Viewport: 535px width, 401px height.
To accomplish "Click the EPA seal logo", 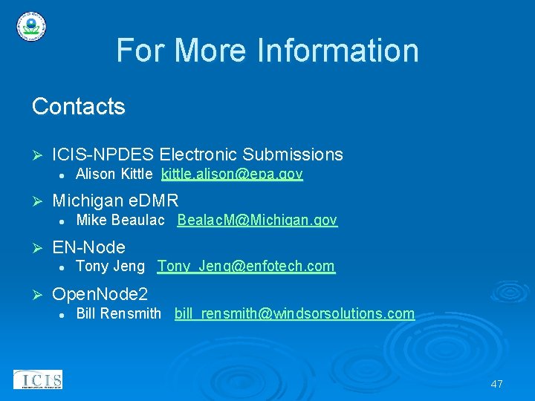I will point(30,27).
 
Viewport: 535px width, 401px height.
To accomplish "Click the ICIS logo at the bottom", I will point(38,379).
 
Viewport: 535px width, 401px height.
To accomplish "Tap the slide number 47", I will point(496,384).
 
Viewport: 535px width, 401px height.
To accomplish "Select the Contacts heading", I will point(78,107).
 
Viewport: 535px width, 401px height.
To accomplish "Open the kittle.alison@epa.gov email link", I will point(232,175).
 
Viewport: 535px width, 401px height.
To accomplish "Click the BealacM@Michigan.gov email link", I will point(257,221).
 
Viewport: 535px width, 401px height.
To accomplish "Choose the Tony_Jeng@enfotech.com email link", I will point(246,267).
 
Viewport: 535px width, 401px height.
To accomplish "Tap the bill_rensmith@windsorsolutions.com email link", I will point(294,313).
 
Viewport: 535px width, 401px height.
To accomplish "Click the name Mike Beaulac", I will point(120,221).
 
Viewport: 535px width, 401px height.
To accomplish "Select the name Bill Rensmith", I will point(118,313).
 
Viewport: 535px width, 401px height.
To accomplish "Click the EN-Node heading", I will point(88,247).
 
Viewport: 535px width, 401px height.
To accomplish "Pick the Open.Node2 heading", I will point(100,294).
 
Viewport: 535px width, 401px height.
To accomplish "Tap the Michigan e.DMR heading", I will point(115,200).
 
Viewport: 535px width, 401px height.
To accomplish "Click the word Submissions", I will point(293,154).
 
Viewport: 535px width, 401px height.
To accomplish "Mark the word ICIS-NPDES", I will point(103,154).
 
